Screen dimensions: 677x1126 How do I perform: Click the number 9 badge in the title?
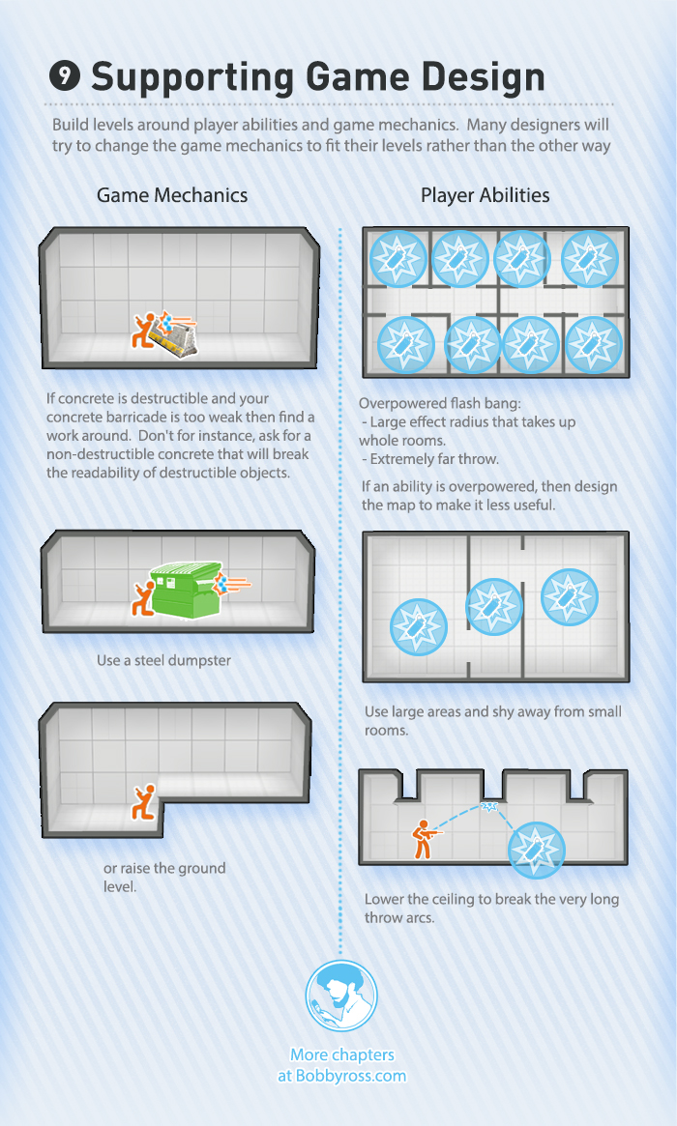[65, 75]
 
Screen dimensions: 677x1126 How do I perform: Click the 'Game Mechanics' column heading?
[172, 195]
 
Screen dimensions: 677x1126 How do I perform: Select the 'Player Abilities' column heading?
[486, 195]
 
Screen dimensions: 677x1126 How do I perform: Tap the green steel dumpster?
[185, 590]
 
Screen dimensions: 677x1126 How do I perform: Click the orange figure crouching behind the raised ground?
[144, 803]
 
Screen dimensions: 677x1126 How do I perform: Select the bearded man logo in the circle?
[340, 996]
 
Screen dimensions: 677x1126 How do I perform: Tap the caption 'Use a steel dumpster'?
[163, 661]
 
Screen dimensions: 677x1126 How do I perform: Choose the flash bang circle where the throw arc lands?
[536, 851]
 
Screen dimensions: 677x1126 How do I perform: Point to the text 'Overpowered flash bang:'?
[439, 404]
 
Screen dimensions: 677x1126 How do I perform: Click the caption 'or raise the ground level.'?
[164, 878]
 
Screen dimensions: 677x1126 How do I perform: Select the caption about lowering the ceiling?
[491, 909]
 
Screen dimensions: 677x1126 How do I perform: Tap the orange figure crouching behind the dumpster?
[143, 598]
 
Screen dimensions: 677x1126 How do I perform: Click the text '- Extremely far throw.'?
[429, 459]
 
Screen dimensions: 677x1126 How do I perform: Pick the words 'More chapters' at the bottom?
[342, 1054]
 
